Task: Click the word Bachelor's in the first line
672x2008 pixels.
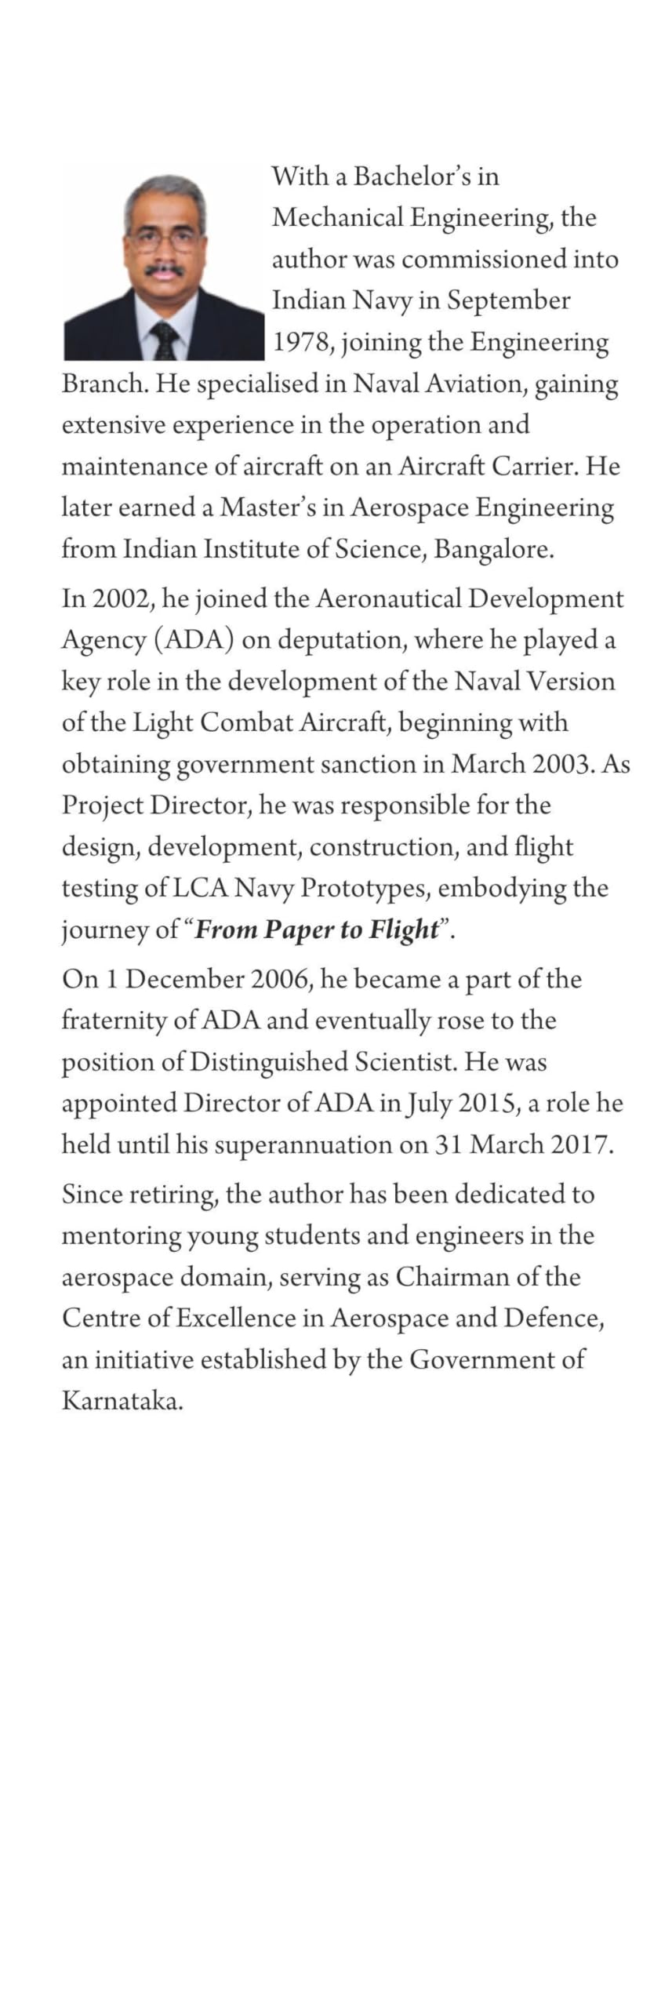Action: coord(404,176)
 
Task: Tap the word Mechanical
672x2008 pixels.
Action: coord(337,217)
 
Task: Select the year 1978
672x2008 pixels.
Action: coord(302,343)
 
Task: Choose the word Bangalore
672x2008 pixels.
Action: coord(493,549)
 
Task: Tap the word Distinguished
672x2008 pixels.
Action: coord(269,1062)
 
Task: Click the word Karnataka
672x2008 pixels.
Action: coord(122,1401)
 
